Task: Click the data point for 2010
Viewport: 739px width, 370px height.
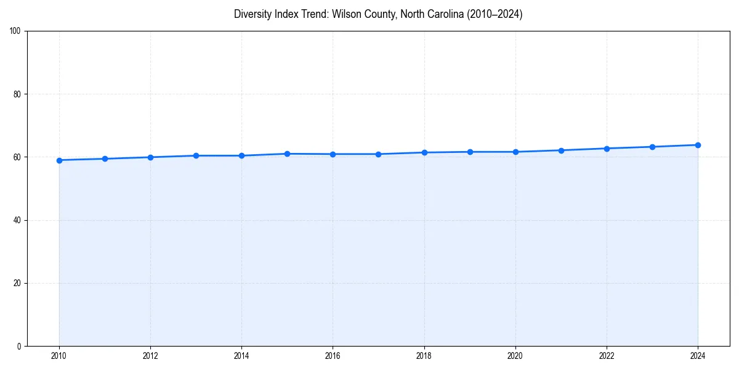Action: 59,160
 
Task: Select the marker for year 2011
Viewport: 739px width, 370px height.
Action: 105,159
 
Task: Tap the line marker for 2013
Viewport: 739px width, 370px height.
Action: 196,155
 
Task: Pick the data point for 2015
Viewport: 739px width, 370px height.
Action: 287,154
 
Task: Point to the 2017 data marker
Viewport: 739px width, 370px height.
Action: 378,154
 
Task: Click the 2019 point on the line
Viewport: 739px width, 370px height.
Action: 470,152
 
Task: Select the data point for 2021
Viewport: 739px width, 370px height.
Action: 561,150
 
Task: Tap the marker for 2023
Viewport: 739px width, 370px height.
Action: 652,147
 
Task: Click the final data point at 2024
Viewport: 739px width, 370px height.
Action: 698,145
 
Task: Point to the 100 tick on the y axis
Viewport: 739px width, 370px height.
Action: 17,31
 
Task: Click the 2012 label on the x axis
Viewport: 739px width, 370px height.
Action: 150,356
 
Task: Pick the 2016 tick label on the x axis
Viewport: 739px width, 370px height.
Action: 333,356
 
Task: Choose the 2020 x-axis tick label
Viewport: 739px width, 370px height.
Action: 515,356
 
